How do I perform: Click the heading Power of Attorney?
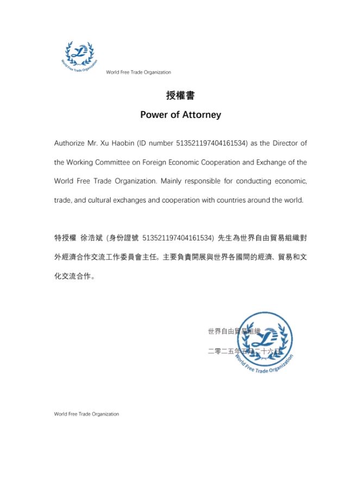tap(180, 115)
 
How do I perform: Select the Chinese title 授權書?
tap(180, 96)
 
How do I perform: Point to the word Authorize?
tap(69, 143)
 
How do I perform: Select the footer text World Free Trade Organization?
tap(86, 414)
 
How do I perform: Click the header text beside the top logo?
tap(138, 72)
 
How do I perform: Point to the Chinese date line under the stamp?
tap(245, 352)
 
